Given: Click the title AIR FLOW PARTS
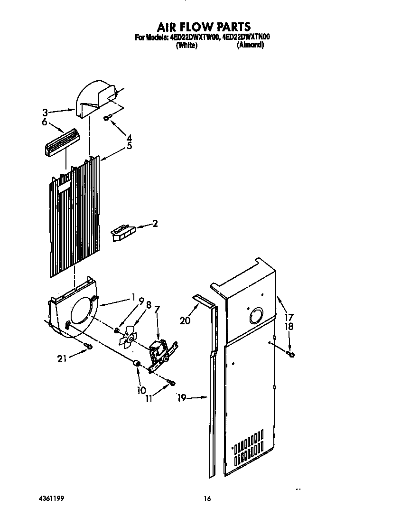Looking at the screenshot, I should click(x=204, y=27).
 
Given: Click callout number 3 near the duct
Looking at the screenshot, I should click(x=45, y=113).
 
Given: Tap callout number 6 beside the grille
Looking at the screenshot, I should click(x=45, y=122).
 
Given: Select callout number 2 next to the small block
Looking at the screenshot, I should click(x=155, y=224).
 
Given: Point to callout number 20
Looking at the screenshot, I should click(x=185, y=321).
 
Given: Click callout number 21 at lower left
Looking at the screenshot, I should click(x=62, y=358).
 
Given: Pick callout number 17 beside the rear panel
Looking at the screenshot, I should click(x=289, y=317).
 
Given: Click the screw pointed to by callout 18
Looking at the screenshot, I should click(x=291, y=354).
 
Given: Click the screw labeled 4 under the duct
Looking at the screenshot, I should click(x=107, y=116).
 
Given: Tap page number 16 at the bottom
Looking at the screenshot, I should click(x=207, y=499).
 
